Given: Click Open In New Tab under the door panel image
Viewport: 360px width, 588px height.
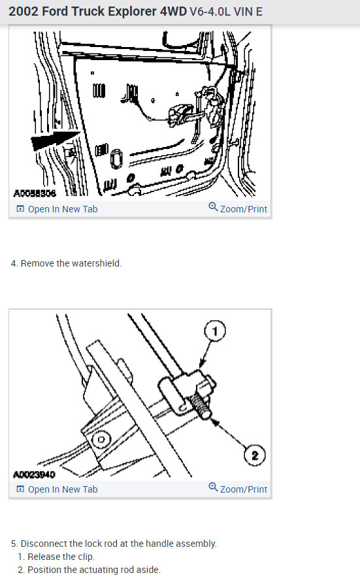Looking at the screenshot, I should point(62,209).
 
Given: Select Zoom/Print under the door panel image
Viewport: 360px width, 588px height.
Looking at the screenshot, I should point(243,209).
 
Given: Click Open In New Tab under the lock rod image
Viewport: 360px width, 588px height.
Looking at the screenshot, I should point(62,489).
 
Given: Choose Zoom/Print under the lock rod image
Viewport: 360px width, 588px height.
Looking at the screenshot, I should point(243,489).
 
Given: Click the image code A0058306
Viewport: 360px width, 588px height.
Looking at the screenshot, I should point(35,193).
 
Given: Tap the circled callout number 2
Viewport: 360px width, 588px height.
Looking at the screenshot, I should point(255,455).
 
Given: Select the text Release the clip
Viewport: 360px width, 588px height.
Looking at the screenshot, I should point(61,557).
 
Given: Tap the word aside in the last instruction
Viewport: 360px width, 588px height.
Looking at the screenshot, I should point(148,570).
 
